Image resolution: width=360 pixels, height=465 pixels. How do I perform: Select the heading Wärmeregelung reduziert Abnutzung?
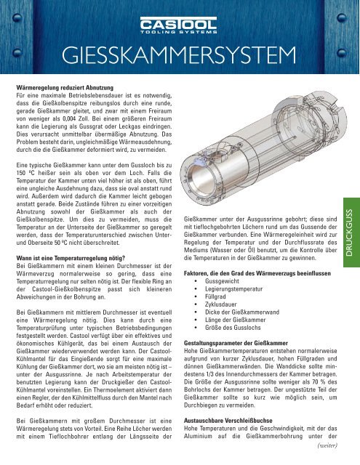point(73,86)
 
